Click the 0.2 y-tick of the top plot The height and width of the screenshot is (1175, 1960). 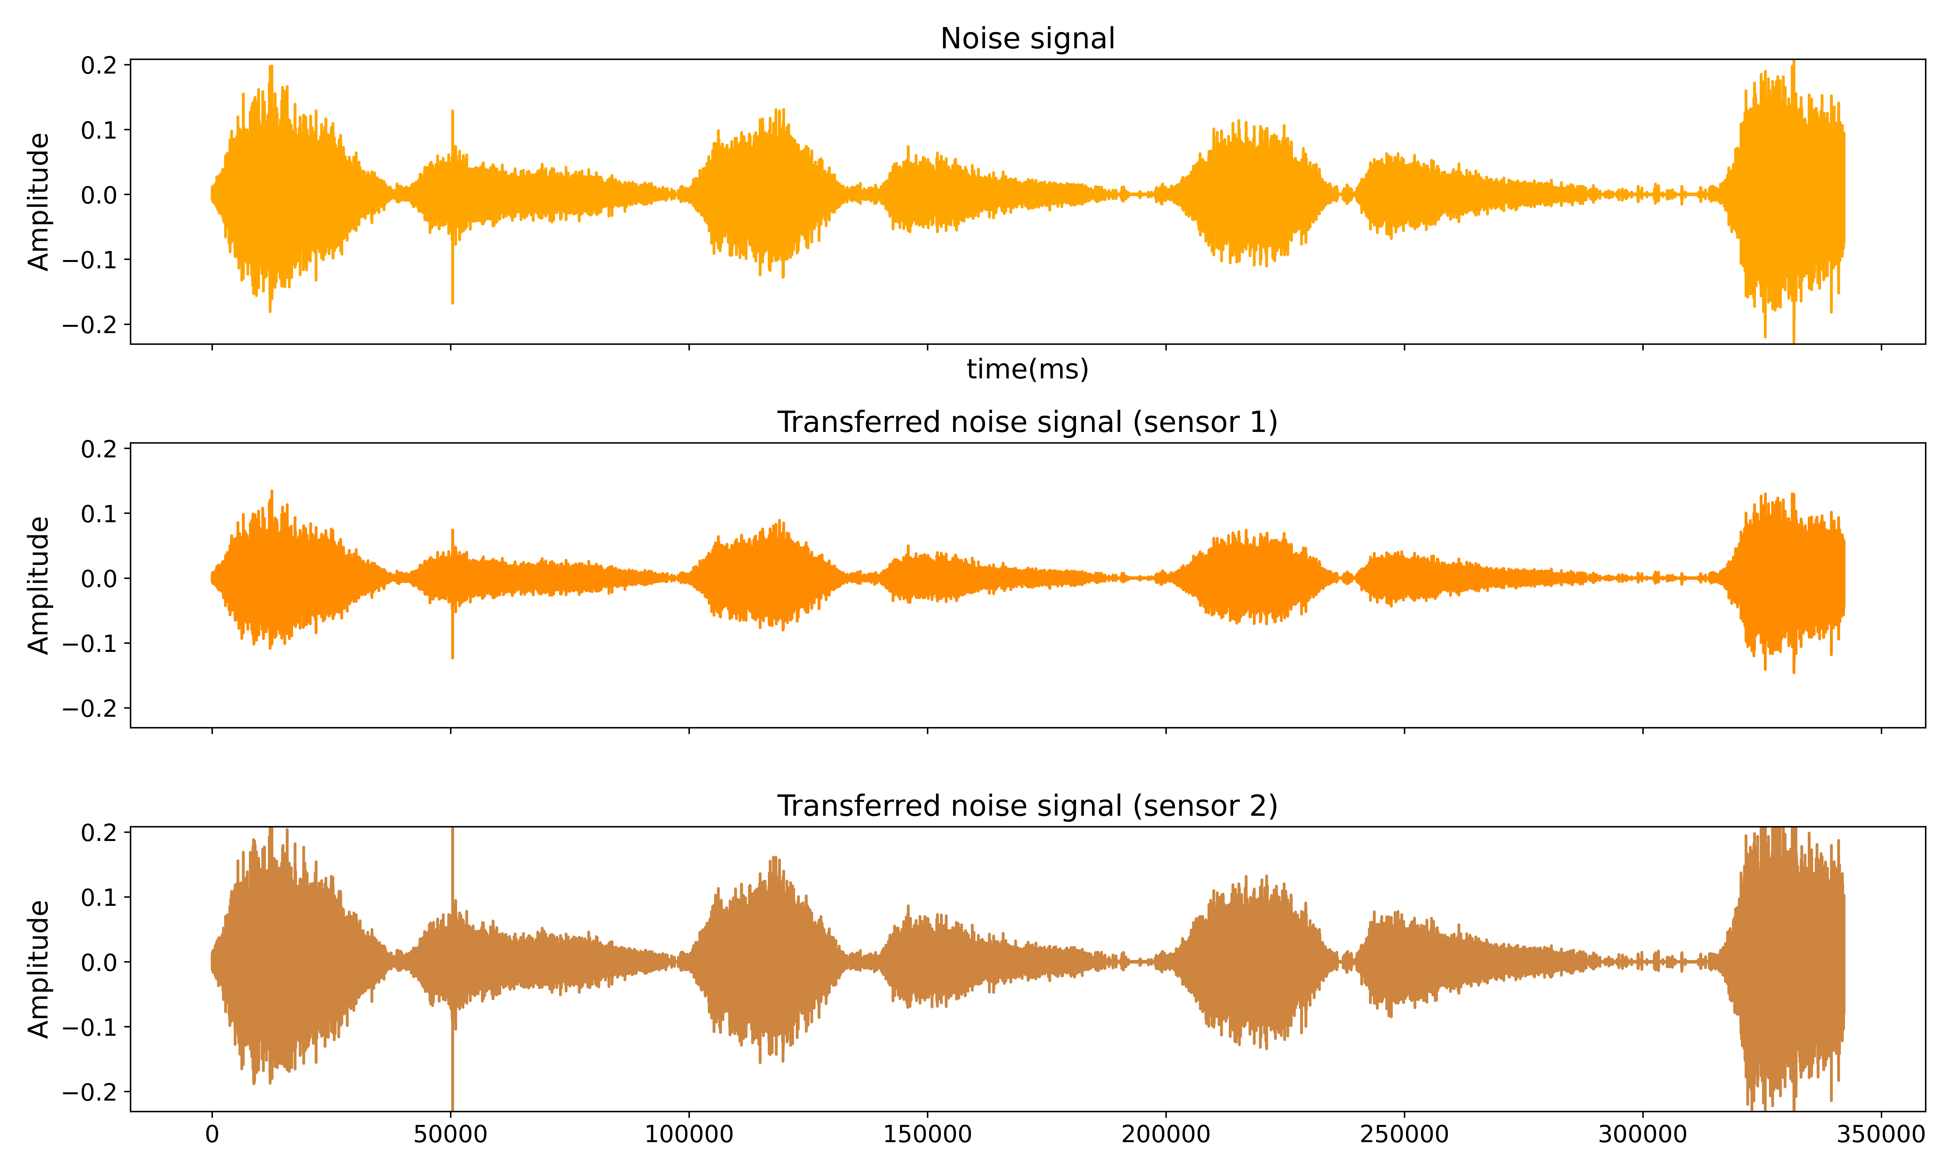coord(99,65)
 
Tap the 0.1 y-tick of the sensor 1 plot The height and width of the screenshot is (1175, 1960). coord(99,514)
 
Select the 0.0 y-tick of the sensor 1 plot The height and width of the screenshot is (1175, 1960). coord(99,579)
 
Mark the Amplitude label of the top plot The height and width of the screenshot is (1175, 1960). coord(38,202)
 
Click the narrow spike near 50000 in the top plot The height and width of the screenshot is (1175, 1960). coord(452,127)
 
